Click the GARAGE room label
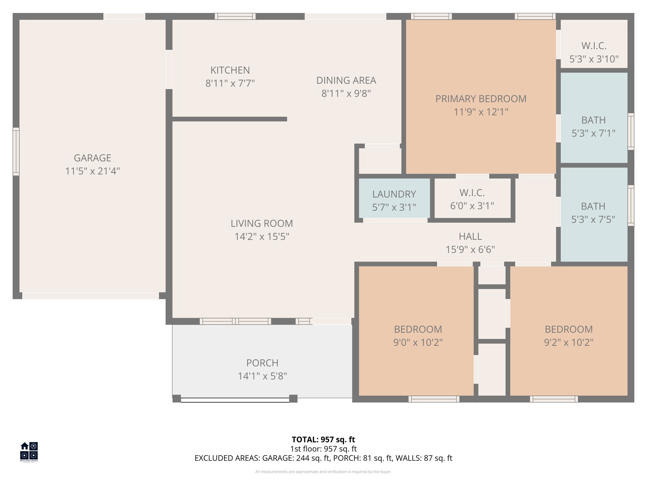tap(92, 158)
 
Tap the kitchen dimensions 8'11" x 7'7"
tap(230, 83)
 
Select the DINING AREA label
tap(346, 81)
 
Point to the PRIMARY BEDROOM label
tap(481, 99)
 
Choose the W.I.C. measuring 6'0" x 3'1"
tap(472, 199)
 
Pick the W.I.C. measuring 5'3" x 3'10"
tap(594, 52)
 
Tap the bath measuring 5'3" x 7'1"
tap(593, 126)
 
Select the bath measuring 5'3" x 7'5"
tap(593, 213)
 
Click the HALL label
tap(470, 237)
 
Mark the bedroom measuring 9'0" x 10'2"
tap(418, 336)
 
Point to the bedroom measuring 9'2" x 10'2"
tap(568, 336)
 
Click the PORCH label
tap(262, 363)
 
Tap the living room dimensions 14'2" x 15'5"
tap(262, 237)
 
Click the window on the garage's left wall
tap(16, 151)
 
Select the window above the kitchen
tap(235, 16)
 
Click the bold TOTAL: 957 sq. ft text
tap(323, 440)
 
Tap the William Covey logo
tap(29, 452)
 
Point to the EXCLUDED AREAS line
tap(323, 458)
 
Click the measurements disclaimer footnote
tap(323, 472)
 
